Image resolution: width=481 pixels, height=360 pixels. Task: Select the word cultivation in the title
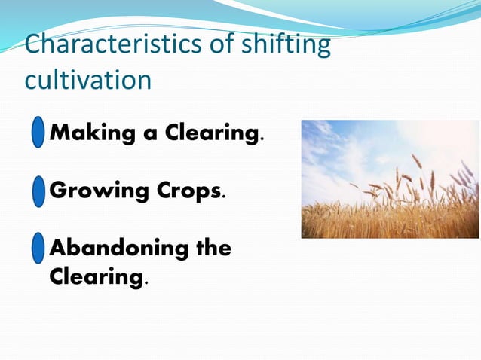tap(88, 79)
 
